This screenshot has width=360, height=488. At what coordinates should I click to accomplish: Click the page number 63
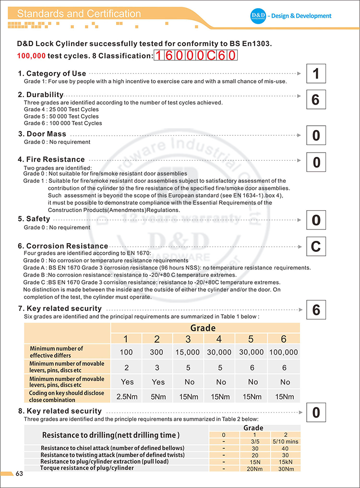[19, 474]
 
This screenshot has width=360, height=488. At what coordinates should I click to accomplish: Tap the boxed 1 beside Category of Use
[315, 74]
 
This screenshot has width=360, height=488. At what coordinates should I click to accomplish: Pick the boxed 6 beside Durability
[315, 100]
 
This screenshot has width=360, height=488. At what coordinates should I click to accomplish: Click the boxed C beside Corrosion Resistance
[315, 247]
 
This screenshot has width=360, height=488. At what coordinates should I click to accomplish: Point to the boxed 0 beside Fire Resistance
[316, 163]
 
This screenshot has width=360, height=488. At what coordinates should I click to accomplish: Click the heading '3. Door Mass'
[42, 134]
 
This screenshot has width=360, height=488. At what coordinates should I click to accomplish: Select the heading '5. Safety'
[34, 219]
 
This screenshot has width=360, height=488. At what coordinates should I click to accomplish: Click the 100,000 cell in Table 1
[284, 352]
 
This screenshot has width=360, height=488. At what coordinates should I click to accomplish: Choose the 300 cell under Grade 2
[157, 352]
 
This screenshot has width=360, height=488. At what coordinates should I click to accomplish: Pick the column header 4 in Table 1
[219, 339]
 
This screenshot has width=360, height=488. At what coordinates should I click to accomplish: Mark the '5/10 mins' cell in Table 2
[285, 441]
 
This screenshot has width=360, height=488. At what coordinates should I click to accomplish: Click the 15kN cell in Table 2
[285, 462]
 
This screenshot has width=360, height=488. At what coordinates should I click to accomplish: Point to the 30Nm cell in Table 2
[285, 468]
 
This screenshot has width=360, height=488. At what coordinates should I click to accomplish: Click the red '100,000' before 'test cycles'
[31, 56]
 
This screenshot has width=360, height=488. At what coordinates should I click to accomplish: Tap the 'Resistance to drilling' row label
[111, 435]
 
